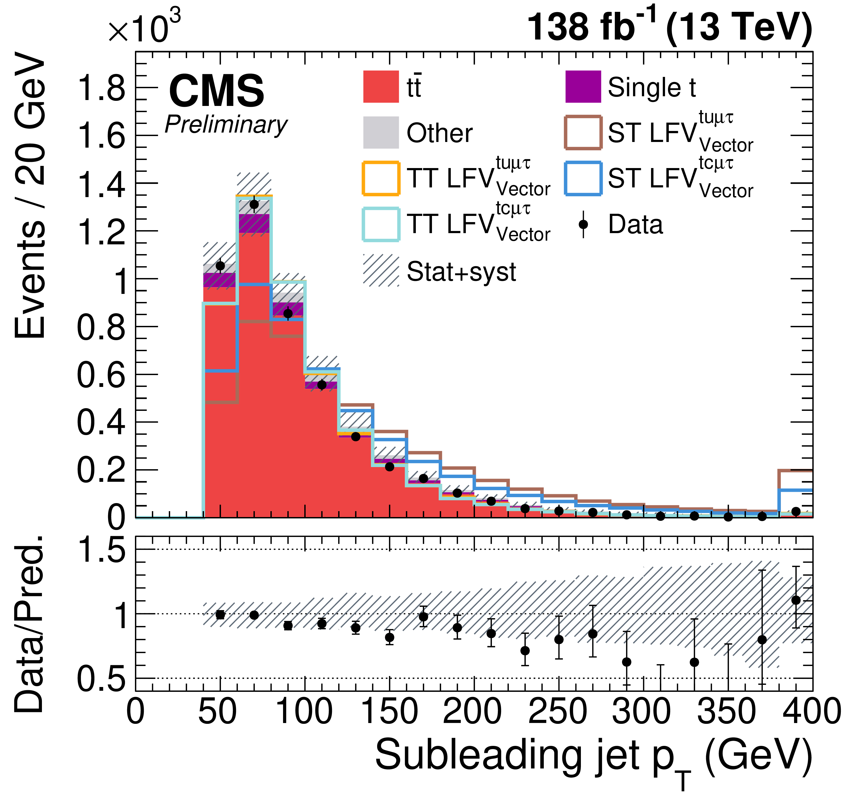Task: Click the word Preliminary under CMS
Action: (226, 125)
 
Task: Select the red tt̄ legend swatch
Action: (381, 87)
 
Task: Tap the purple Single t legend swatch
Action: (583, 87)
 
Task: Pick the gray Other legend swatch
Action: (381, 132)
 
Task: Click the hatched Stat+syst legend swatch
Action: (381, 271)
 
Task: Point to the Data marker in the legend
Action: (583, 224)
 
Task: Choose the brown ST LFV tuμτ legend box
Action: (583, 132)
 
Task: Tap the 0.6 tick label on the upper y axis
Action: (101, 375)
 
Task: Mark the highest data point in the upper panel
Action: (254, 205)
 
